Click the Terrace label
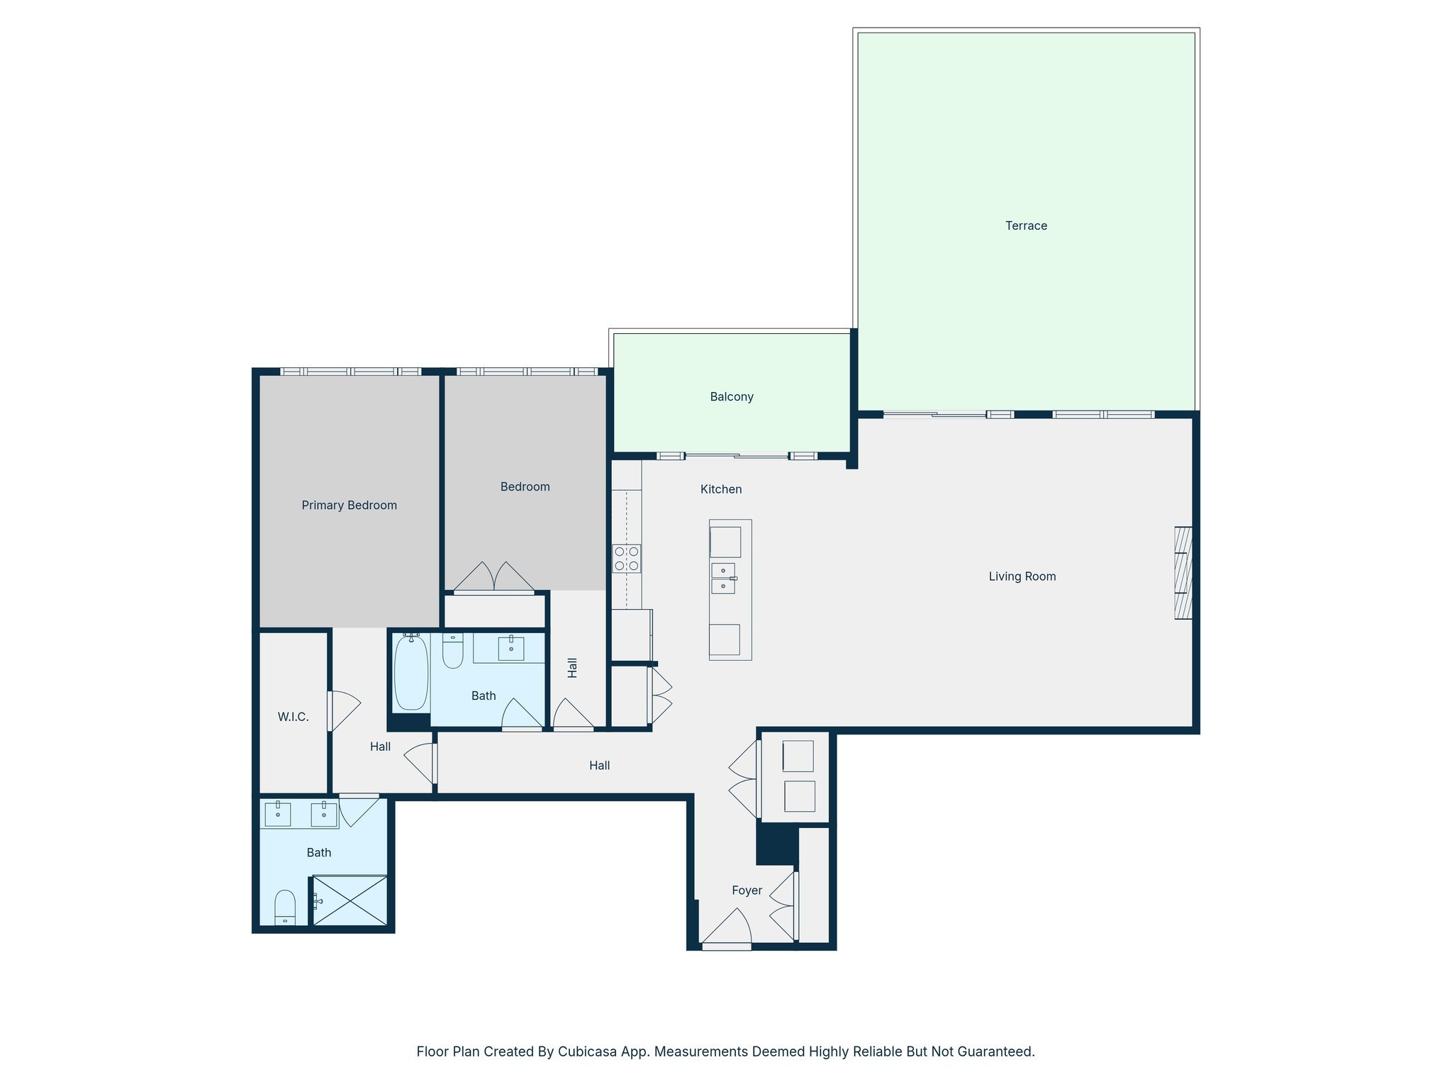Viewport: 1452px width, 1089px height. coord(1025,226)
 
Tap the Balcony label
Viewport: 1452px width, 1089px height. coord(731,397)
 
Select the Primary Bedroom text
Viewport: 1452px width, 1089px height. coord(349,506)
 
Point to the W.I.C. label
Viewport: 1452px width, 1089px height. coord(293,717)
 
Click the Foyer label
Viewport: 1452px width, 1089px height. coord(747,890)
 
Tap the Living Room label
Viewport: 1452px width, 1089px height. coord(1022,576)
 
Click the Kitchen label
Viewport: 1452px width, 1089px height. coord(720,489)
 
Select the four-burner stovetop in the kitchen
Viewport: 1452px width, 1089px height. coord(627,559)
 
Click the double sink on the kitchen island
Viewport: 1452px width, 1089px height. coord(723,579)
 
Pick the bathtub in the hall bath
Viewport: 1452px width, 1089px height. coord(411,672)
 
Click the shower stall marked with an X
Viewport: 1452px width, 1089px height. coord(350,900)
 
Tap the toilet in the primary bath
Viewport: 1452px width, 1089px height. coord(285,907)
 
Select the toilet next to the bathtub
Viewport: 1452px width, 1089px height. coord(452,652)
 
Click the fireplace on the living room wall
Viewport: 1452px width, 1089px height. coord(1183,573)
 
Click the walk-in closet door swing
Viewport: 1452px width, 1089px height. coord(344,710)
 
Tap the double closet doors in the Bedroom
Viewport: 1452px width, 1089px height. coord(494,578)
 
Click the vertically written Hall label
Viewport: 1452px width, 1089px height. coord(572,668)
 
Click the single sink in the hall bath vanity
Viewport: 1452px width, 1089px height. coord(510,647)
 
